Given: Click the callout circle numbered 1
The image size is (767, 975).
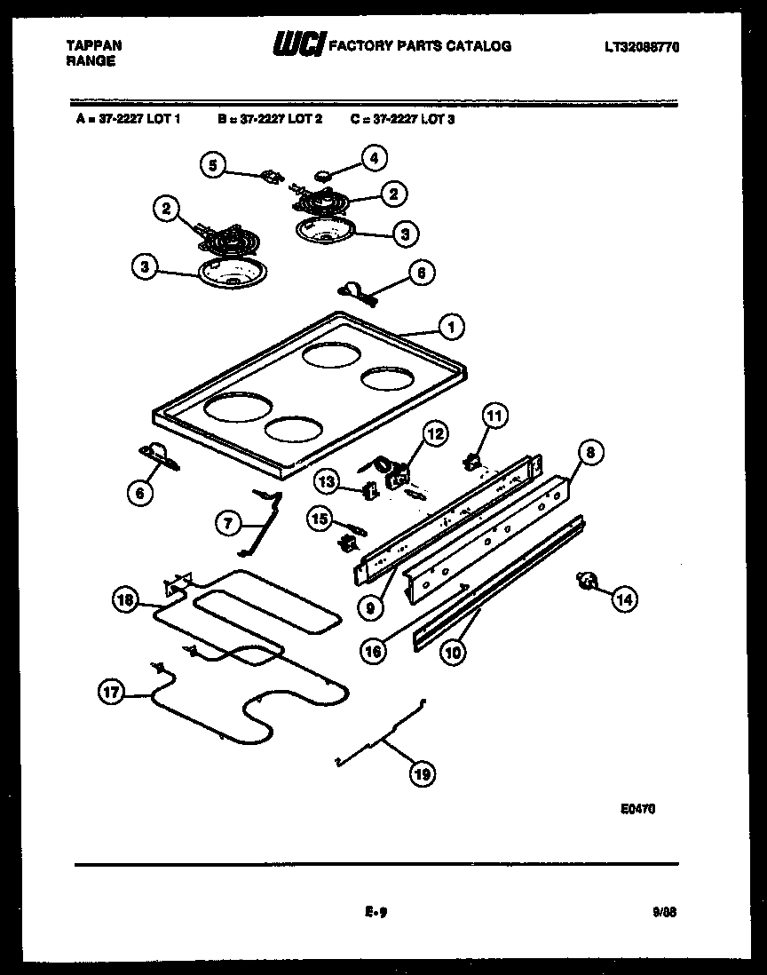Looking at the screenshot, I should pyautogui.click(x=451, y=327).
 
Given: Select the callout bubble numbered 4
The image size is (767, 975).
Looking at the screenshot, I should pyautogui.click(x=372, y=158).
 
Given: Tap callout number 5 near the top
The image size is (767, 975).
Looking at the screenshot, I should pyautogui.click(x=212, y=163).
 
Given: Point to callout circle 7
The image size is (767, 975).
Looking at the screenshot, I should pyautogui.click(x=228, y=524).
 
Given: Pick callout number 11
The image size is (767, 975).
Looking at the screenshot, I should pyautogui.click(x=494, y=415).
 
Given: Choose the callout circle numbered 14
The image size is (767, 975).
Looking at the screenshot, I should pyautogui.click(x=624, y=599).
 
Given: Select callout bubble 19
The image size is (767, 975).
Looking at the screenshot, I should pyautogui.click(x=422, y=774).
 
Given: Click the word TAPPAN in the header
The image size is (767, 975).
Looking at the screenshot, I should pyautogui.click(x=94, y=45).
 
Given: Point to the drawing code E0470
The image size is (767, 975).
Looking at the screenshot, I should pyautogui.click(x=638, y=809).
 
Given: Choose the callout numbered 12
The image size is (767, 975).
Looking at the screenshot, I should pyautogui.click(x=435, y=433).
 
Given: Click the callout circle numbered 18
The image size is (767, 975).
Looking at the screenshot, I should pyautogui.click(x=125, y=600).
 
